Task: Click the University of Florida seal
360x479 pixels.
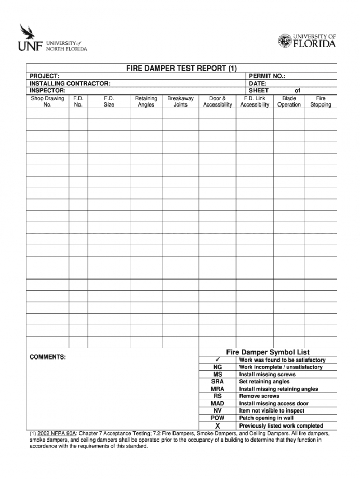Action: pos(285,41)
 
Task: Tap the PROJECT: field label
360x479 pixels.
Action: pos(44,76)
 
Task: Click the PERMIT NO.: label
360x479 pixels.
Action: pos(267,76)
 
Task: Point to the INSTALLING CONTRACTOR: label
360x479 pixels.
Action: pos(70,83)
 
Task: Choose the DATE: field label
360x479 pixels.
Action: pos(258,83)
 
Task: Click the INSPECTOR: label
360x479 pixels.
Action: pos(47,90)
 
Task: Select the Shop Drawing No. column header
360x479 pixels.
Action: pos(47,101)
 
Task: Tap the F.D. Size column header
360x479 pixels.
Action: pos(109,101)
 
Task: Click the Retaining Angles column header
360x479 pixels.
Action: pos(146,101)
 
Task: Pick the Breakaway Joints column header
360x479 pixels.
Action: pos(180,101)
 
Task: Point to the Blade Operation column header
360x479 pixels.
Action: pos(289,101)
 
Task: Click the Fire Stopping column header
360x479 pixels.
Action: pos(321,101)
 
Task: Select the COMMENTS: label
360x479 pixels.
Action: pos(48,357)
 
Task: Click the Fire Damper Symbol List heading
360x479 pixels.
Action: pos(268,352)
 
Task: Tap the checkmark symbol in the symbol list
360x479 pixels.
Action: pos(217,360)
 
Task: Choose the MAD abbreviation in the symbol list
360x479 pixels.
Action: pos(217,403)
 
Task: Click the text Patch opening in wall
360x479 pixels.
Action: pos(266,418)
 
